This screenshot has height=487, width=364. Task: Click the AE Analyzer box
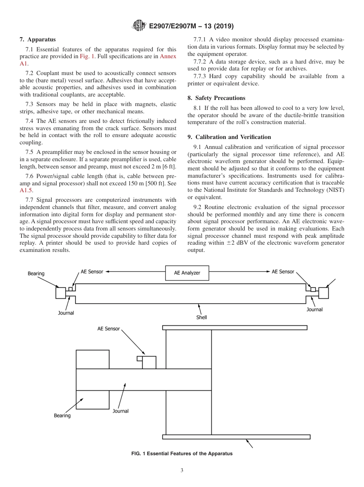pyautogui.click(x=187, y=273)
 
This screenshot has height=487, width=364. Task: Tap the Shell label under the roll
pyautogui.click(x=202, y=317)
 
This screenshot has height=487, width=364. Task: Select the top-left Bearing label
pyautogui.click(x=36, y=274)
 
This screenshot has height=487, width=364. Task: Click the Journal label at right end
pyautogui.click(x=314, y=309)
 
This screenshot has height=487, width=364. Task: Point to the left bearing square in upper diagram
pyautogui.click(x=61, y=293)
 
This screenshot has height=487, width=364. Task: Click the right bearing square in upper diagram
pyautogui.click(x=323, y=293)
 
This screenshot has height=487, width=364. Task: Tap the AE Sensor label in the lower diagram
pyautogui.click(x=108, y=328)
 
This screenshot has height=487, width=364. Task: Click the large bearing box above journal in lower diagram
pyautogui.click(x=92, y=359)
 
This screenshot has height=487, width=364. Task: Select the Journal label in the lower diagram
pyautogui.click(x=120, y=411)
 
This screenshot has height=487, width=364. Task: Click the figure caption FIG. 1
pyautogui.click(x=182, y=453)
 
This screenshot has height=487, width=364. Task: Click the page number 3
pyautogui.click(x=182, y=470)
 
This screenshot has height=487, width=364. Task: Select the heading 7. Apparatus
pyautogui.click(x=38, y=39)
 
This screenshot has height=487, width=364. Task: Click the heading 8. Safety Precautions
pyautogui.click(x=216, y=98)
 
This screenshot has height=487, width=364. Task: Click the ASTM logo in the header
pyautogui.click(x=139, y=26)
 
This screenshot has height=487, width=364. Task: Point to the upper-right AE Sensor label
pyautogui.click(x=283, y=271)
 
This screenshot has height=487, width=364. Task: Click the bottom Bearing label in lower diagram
pyautogui.click(x=62, y=415)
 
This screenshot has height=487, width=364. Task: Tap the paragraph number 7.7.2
pyautogui.click(x=202, y=62)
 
